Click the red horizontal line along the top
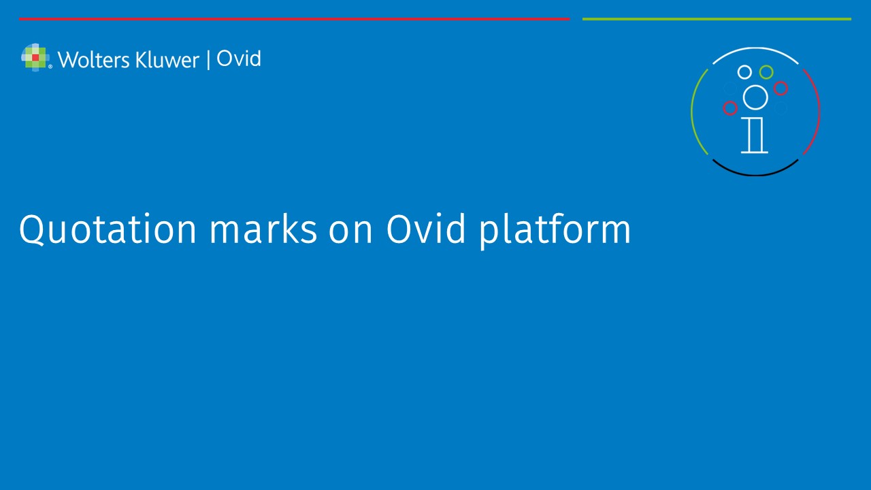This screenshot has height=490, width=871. tap(295, 18)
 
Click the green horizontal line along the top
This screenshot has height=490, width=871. tap(717, 18)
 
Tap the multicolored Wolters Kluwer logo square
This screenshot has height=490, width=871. tap(35, 58)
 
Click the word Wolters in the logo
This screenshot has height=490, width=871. tap(94, 60)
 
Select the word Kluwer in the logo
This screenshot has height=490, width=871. tap(167, 60)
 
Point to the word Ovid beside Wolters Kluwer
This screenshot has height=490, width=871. tap(239, 59)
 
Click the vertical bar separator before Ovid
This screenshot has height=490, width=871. tap(208, 60)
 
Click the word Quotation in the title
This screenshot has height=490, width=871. tap(108, 229)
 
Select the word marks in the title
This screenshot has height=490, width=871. tap(263, 229)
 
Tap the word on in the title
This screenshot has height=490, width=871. tap(350, 233)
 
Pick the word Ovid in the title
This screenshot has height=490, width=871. tap(426, 229)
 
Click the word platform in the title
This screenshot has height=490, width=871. tap(555, 231)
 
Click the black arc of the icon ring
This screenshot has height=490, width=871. tap(755, 175)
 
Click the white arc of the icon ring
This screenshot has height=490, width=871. tap(755, 48)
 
